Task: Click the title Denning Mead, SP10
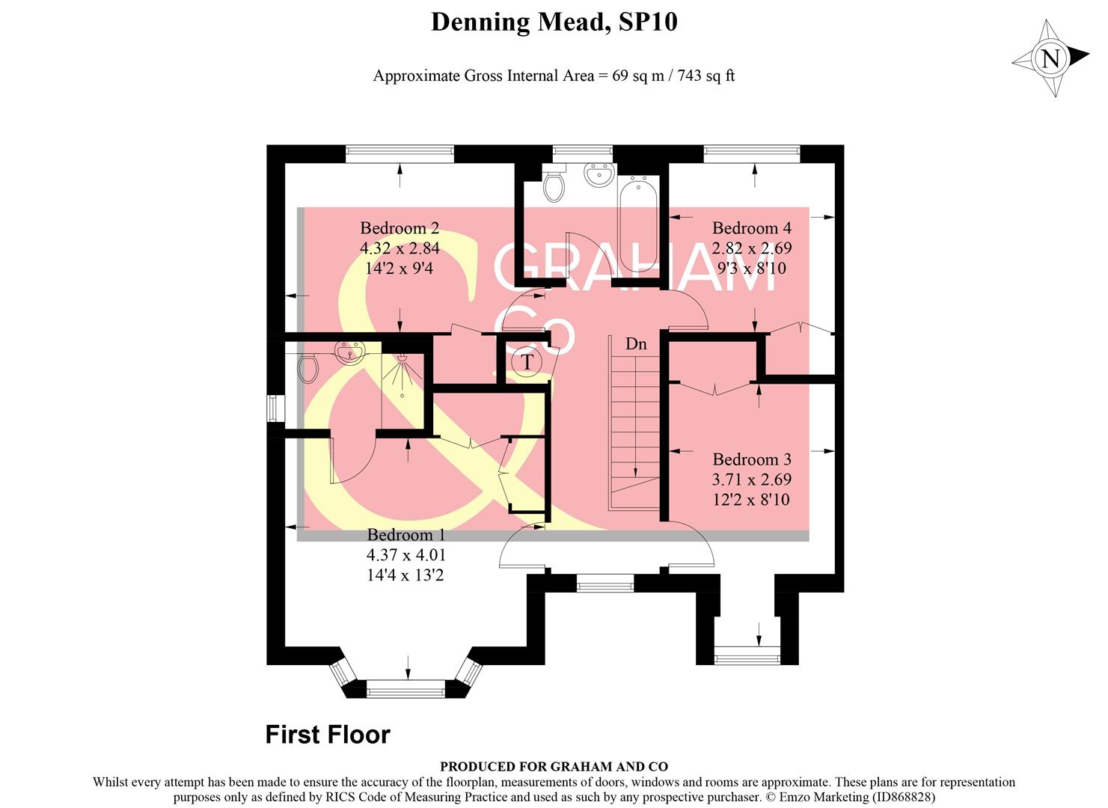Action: coord(554,22)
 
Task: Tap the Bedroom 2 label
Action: coord(400,228)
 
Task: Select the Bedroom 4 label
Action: coord(751,228)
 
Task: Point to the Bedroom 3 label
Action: coord(751,459)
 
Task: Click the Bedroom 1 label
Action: coord(405,535)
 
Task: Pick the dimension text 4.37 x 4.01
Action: coord(405,555)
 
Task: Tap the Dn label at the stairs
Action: coord(636,344)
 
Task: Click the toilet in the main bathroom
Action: coord(554,186)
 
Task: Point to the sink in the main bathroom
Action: coord(598,175)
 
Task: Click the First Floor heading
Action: coord(328,735)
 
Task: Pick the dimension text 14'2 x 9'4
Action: coord(400,268)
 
